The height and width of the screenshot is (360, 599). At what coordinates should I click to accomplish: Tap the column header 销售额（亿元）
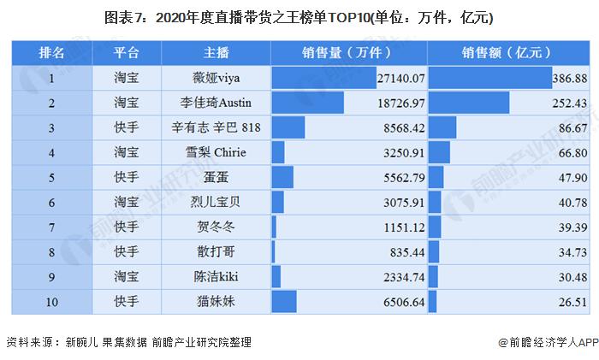point(507,53)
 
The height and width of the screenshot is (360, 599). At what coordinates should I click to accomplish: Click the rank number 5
point(52,177)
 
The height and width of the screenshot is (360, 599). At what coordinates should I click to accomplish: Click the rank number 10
point(52,301)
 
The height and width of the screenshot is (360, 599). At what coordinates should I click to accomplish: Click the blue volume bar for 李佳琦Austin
point(307,103)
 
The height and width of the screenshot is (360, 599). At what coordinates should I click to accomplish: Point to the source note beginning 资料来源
point(128,341)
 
